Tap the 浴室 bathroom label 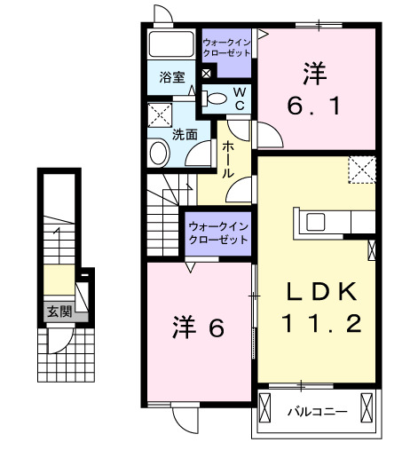click(172, 77)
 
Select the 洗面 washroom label click(185, 135)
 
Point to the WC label click(239, 99)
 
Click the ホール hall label click(228, 160)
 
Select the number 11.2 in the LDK click(321, 324)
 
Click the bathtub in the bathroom click(171, 43)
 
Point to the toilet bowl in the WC click(218, 100)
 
